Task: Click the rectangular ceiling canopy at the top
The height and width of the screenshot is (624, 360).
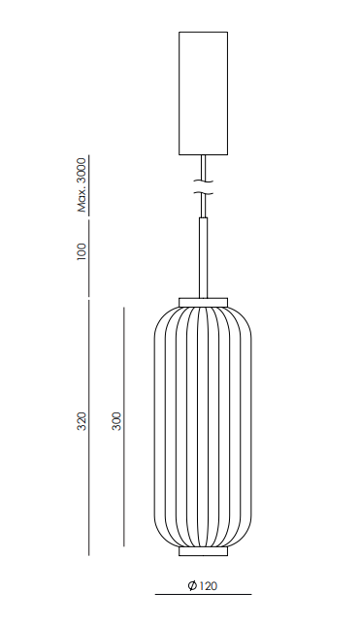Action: tap(204, 92)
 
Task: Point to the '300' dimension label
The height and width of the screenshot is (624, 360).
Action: tap(116, 421)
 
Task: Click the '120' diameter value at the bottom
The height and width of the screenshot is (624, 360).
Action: tap(211, 585)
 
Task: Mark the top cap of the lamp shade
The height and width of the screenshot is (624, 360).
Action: tap(204, 299)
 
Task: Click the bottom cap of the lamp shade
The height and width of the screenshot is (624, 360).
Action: tap(204, 551)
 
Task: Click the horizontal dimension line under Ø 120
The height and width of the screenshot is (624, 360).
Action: tap(204, 593)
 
